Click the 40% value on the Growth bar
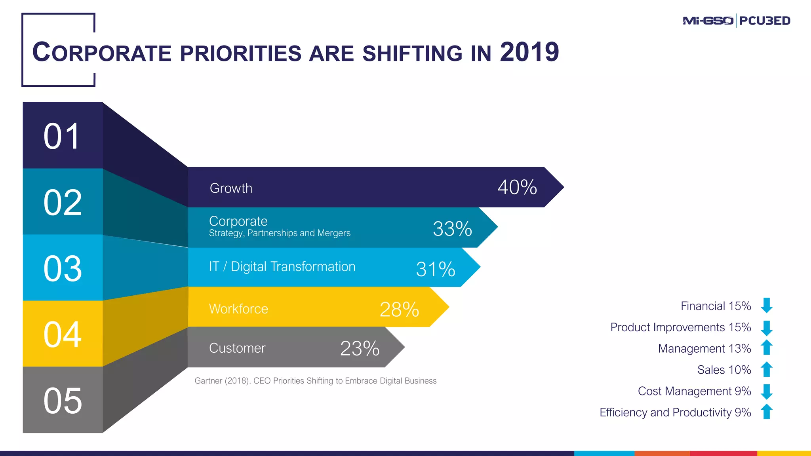point(517,187)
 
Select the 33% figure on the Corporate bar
point(452,229)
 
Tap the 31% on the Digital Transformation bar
point(435,269)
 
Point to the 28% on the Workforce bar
point(399,310)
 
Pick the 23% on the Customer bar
point(360,349)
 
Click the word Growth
point(231,188)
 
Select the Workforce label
point(238,309)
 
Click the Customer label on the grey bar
point(237,348)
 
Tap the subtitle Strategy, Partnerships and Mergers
point(280,233)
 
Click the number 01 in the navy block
point(62,136)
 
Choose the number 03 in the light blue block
point(63,269)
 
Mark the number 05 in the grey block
point(63,401)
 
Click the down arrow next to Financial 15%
point(767,306)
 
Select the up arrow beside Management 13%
point(767,348)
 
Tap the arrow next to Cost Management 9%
point(767,391)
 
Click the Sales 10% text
point(724,370)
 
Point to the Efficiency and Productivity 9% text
point(675,412)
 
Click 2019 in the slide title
point(529,52)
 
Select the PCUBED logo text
point(765,21)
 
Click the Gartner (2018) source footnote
point(315,381)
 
